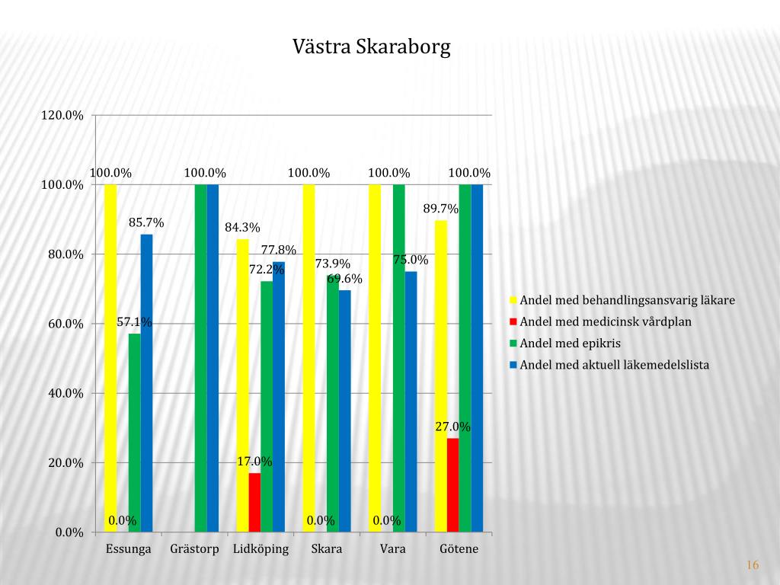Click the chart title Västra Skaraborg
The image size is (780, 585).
372,47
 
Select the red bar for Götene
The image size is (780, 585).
453,484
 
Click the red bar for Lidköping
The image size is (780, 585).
254,502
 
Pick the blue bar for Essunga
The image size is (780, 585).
146,382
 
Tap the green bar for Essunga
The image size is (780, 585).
135,432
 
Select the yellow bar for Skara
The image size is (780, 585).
308,358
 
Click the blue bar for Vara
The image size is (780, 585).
411,401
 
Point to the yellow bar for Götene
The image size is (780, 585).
441,376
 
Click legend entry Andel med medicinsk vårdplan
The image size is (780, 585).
606,321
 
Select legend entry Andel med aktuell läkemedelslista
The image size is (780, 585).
614,365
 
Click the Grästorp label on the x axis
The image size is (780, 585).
195,549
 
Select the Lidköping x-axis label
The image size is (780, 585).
261,549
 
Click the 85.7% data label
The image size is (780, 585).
146,223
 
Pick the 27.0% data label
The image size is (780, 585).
452,427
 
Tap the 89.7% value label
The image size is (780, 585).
441,209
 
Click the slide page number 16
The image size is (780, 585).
753,564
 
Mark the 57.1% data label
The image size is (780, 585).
134,322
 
